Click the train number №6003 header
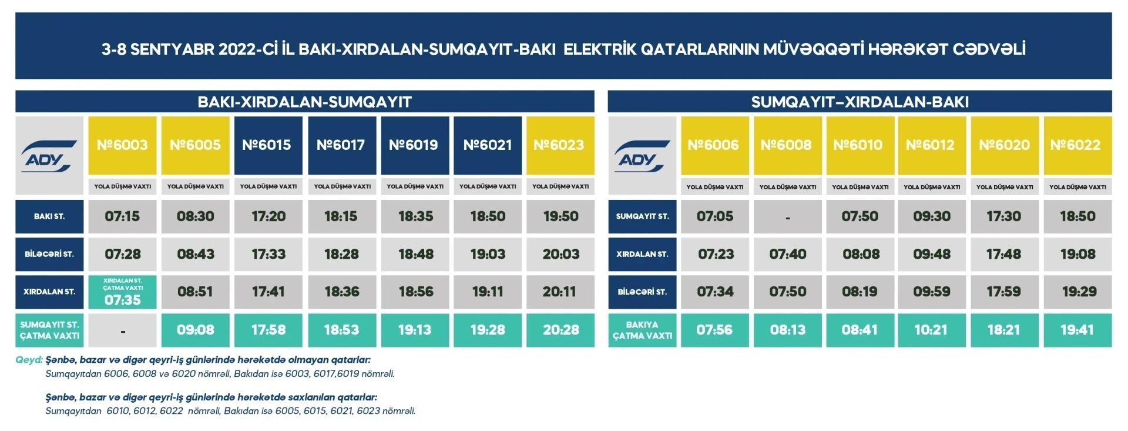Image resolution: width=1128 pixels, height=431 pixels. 122,145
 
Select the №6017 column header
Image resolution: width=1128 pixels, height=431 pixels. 342,145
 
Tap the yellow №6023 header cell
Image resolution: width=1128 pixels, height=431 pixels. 560,145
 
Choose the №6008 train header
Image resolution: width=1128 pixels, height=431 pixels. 788,145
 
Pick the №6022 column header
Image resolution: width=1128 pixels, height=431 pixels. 1077,145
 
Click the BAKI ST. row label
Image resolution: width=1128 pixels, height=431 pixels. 49,216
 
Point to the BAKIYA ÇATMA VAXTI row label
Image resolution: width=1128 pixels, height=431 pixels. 642,330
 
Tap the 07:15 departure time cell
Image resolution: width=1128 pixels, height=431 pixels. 122,216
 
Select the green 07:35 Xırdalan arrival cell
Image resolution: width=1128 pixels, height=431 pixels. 122,292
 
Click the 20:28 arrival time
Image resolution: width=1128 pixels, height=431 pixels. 560,330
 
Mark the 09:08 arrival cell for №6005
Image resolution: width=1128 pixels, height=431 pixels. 195,330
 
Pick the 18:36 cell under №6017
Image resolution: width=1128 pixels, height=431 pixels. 342,292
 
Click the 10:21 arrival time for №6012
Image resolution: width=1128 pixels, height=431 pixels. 932,330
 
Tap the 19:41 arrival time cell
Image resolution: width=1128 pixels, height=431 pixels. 1077,330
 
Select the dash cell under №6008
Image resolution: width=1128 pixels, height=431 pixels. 788,217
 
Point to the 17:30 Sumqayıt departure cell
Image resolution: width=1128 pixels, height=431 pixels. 1005,216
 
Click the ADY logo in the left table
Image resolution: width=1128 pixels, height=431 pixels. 49,156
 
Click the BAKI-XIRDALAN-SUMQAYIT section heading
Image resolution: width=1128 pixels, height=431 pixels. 304,102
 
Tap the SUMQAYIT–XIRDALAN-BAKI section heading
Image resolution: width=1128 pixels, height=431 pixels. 860,102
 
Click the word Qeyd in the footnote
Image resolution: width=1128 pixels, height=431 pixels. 29,360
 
